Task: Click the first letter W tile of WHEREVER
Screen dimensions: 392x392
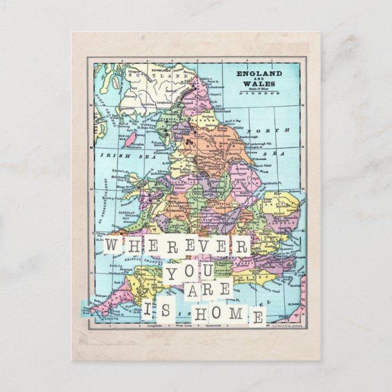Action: pyautogui.click(x=113, y=246)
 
